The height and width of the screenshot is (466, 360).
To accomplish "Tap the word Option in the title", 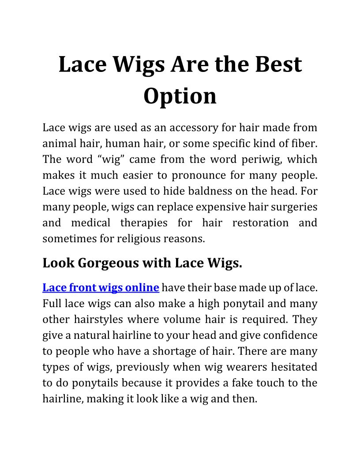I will click(180, 96).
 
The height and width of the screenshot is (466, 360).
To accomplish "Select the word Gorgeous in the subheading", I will click(109, 263).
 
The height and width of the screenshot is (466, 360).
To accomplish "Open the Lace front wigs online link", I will click(101, 288).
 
